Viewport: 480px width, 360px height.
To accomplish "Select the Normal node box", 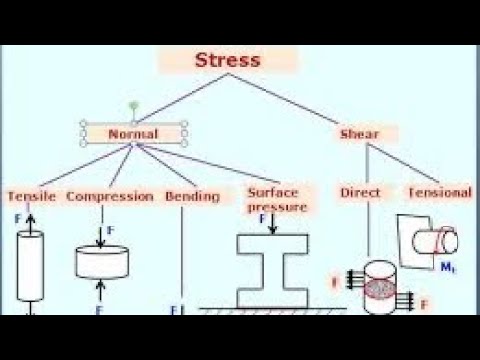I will coord(133,132).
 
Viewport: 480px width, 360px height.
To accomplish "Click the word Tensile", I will coord(31,196).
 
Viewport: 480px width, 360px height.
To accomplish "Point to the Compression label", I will coord(110,196).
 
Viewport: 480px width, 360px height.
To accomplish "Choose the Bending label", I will coord(192,196).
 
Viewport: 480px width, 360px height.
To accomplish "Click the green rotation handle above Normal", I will coord(133,105).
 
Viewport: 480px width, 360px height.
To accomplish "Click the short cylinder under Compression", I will coord(101,261).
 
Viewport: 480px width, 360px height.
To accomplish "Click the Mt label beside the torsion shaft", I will coord(448,266).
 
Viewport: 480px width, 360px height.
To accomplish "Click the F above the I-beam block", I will coord(262,218).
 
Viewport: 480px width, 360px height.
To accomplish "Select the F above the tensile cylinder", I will coord(17,216).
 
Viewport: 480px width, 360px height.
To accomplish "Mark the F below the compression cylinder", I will coord(100,310).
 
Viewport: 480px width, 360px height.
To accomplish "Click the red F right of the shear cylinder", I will coord(424,302).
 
